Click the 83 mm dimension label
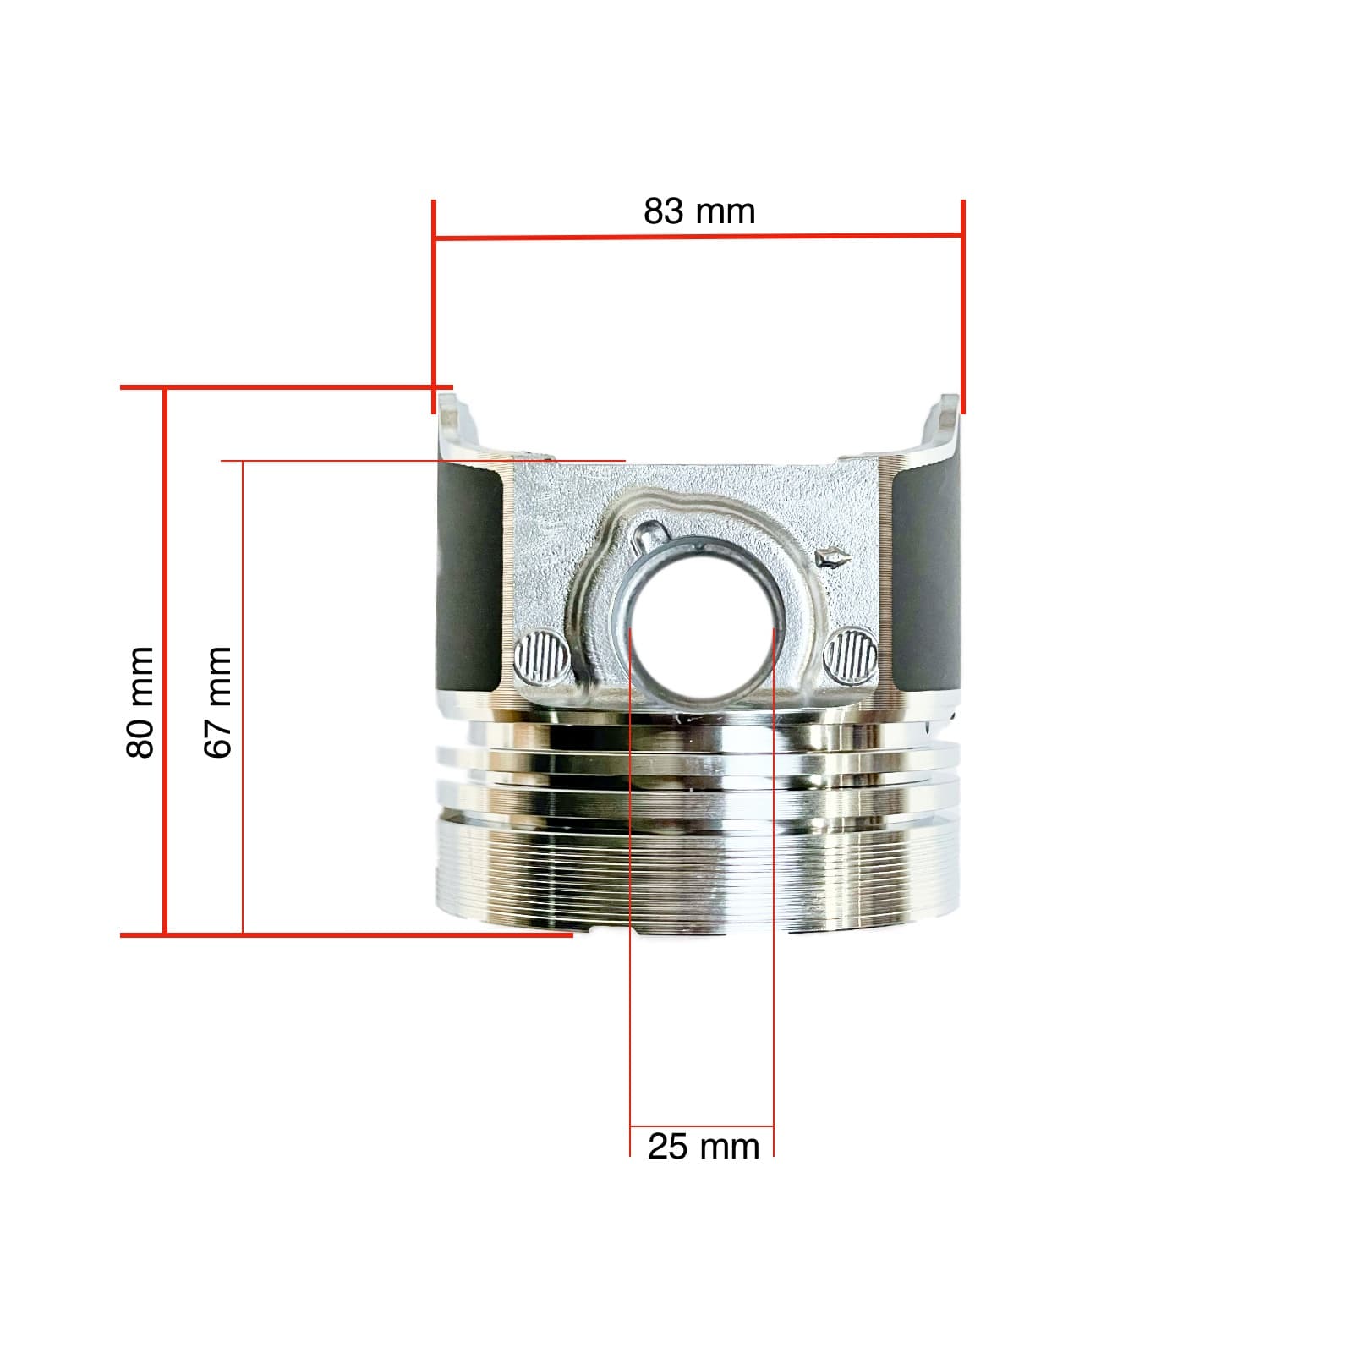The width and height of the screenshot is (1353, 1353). pyautogui.click(x=699, y=211)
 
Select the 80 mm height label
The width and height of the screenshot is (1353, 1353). pyautogui.click(x=140, y=702)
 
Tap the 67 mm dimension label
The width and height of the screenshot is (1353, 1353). pyautogui.click(x=217, y=702)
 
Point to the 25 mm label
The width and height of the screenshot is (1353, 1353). pyautogui.click(x=704, y=1147)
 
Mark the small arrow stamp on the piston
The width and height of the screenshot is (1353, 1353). pyautogui.click(x=831, y=556)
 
